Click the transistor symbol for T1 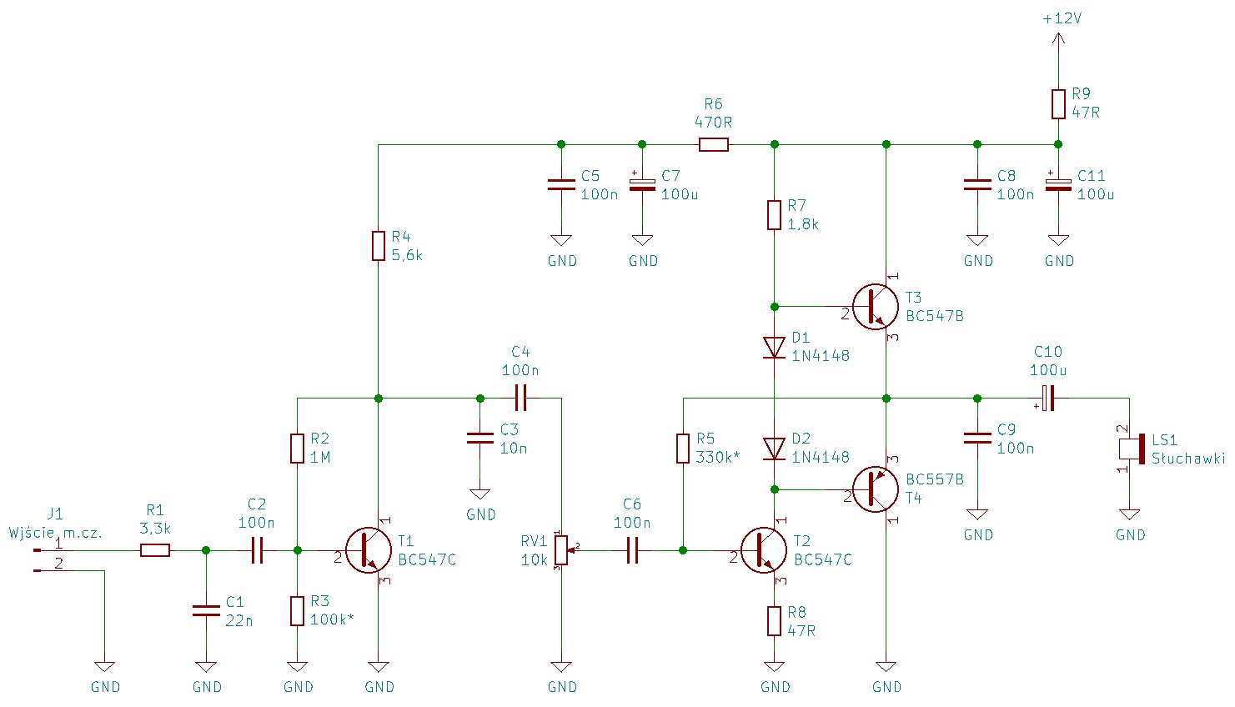tap(368, 550)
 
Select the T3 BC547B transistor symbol tap(875, 307)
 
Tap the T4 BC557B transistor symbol tap(875, 489)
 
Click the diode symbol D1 tap(775, 347)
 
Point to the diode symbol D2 tap(775, 449)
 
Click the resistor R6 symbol tap(714, 145)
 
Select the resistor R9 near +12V tap(1058, 104)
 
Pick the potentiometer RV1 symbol tap(561, 550)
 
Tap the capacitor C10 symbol tap(1048, 399)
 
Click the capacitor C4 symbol tap(520, 399)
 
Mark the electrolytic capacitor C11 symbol tap(1058, 184)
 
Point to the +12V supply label tap(1062, 18)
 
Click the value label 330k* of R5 tap(718, 458)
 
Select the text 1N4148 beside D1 tap(821, 356)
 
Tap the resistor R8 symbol tap(775, 621)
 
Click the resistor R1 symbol tap(155, 550)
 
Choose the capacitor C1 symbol tap(206, 611)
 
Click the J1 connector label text tap(55, 514)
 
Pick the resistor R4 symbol tap(379, 246)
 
